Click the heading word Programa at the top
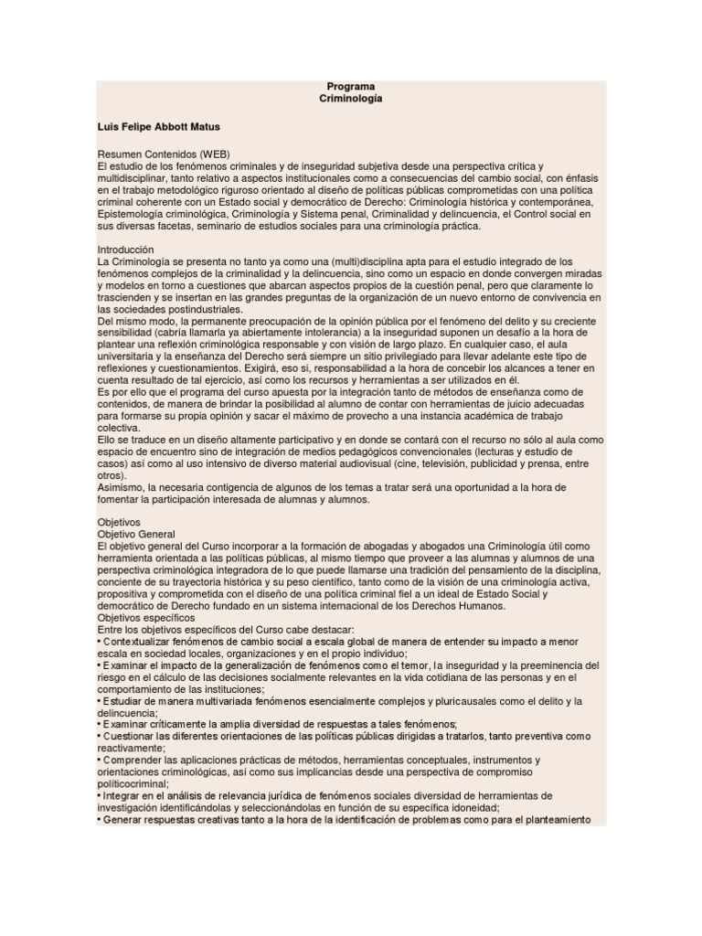click(351, 86)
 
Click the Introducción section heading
click(125, 250)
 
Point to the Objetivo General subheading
click(136, 533)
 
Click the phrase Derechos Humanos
click(471, 605)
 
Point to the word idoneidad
click(473, 807)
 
